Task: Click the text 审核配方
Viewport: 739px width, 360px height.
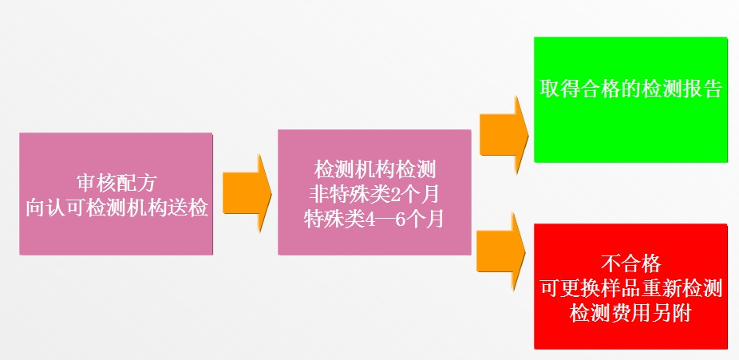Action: [x=116, y=184]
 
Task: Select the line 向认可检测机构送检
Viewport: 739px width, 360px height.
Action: [x=117, y=208]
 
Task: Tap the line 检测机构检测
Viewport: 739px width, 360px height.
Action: [x=374, y=170]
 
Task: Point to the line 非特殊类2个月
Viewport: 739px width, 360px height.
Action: [x=374, y=195]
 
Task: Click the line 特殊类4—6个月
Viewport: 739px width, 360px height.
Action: [x=374, y=219]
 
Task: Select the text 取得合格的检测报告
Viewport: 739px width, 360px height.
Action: [x=631, y=89]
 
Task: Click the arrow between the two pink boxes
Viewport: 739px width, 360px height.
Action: [x=247, y=193]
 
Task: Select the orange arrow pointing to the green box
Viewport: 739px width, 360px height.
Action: [x=504, y=135]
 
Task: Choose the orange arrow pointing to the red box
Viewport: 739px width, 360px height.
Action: [x=501, y=251]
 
